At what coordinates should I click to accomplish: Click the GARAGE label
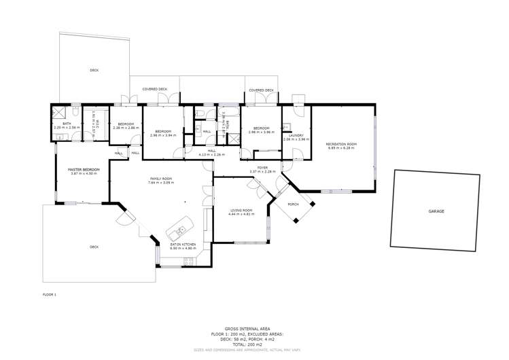(x=436, y=211)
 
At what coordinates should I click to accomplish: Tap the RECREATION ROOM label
(x=341, y=144)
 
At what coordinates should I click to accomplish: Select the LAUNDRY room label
(x=296, y=135)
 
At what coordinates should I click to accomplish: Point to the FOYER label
(x=262, y=167)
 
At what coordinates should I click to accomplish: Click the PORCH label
(x=294, y=204)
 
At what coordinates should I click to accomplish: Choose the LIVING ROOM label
(x=241, y=211)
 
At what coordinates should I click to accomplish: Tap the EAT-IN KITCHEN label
(x=183, y=244)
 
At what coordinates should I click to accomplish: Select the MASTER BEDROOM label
(x=84, y=169)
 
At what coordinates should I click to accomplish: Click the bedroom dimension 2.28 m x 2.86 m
(x=126, y=128)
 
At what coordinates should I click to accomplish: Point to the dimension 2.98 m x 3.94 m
(x=163, y=135)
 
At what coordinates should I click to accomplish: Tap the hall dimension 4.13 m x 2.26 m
(x=211, y=155)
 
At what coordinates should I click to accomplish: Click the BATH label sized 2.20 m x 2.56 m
(x=67, y=124)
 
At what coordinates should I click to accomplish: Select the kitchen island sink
(x=181, y=231)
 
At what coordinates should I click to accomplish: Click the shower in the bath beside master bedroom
(x=59, y=113)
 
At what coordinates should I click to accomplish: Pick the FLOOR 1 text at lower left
(x=50, y=294)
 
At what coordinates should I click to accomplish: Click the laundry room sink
(x=287, y=126)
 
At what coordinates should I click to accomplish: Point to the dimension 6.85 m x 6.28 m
(x=341, y=147)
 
